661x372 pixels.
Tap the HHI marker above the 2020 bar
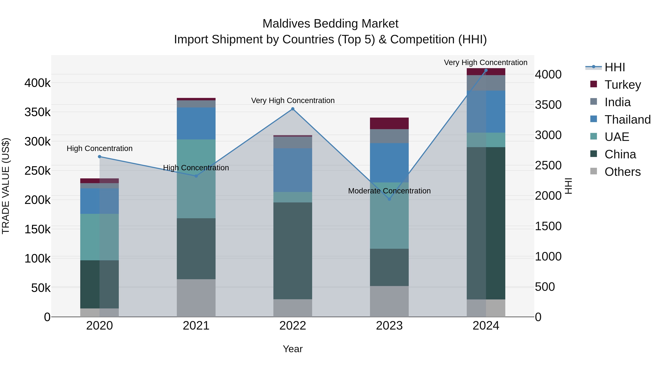pos(100,157)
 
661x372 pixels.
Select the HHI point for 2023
pos(389,199)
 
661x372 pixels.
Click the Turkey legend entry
pos(622,85)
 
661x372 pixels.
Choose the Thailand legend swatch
pos(593,119)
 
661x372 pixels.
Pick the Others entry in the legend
pos(622,172)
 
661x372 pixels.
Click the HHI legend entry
pos(614,67)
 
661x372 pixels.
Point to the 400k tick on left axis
pos(37,83)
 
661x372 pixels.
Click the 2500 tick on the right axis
pos(548,165)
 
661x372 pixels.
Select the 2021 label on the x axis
pos(196,326)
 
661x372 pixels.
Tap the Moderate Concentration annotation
pos(389,191)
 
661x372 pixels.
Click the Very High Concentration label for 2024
pos(485,62)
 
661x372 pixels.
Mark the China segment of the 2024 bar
pos(486,223)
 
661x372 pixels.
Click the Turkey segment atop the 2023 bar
pos(389,123)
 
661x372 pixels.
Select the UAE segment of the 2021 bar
pos(196,179)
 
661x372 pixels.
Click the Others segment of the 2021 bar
pos(196,298)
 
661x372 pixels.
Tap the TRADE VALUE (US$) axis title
pos(6,186)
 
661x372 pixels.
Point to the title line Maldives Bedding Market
pos(330,24)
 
